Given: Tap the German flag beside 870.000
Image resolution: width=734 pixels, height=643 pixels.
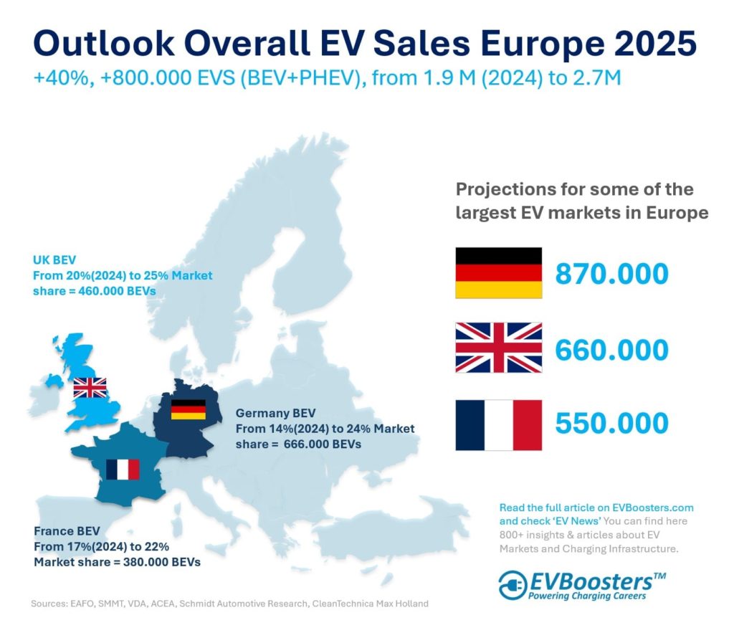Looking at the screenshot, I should pos(499,273).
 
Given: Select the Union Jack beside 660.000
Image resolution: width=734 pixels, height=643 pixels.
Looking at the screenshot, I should pos(499,348).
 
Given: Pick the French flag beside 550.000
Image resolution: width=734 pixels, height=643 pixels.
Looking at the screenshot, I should pos(499,424).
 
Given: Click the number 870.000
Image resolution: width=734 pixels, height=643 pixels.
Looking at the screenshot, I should pos(612,275).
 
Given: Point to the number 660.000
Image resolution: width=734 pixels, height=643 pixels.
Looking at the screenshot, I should pos(612,350).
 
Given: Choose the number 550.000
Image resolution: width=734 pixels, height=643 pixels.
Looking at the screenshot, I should pos(612,424).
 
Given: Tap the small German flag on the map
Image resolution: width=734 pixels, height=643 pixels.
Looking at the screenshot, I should pos(189,409).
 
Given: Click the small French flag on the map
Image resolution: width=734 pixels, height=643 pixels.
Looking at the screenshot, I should pos(123,470).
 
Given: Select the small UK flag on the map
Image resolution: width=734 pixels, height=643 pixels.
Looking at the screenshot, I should pos(90,388).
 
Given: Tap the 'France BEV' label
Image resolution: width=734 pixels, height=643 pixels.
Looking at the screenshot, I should pos(67,532).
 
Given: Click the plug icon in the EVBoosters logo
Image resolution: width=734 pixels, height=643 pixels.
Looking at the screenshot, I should pos(513,585).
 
